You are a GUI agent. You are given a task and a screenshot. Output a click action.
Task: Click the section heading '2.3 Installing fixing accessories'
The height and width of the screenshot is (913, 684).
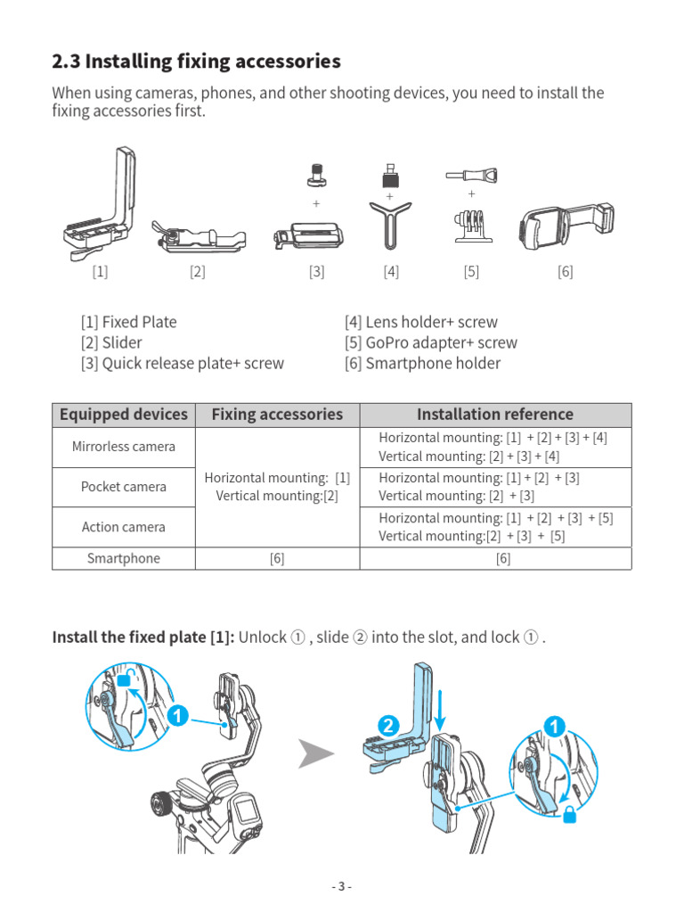196,62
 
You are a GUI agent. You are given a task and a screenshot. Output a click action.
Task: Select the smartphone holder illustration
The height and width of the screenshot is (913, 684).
566,227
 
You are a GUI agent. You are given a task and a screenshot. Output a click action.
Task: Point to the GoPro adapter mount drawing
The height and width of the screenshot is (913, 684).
470,227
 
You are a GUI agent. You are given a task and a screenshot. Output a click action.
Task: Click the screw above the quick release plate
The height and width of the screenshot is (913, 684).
315,176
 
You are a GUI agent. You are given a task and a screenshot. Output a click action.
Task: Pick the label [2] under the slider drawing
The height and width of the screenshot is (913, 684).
197,272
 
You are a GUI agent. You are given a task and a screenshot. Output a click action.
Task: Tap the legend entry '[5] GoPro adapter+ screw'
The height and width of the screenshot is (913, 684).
430,342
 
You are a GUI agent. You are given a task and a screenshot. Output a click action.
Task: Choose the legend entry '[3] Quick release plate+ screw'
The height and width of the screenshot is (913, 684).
182,363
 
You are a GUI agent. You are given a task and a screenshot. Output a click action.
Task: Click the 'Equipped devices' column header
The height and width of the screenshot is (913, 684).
124,415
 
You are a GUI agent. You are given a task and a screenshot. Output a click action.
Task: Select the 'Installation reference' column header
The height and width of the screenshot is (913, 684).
495,415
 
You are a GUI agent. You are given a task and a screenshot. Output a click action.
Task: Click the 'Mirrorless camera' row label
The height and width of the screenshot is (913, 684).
124,447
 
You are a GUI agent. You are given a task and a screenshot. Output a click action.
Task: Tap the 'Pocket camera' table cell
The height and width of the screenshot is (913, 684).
124,487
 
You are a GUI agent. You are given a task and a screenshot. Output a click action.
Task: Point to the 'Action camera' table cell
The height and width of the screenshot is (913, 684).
124,527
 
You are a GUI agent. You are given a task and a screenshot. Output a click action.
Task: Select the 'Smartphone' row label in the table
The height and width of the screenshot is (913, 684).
124,558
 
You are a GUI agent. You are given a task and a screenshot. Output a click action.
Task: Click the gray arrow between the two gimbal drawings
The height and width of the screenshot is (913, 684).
316,754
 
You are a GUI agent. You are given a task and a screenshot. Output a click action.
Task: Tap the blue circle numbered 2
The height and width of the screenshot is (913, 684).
387,727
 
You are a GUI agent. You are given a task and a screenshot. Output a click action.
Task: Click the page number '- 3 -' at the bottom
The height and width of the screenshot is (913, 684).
342,886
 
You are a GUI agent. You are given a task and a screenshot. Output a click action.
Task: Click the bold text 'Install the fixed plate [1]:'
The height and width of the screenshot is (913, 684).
143,637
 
